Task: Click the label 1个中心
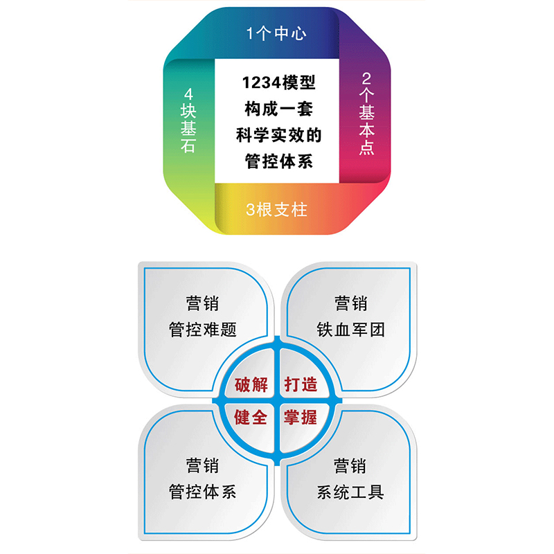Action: [x=276, y=33]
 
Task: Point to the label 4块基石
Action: [x=187, y=120]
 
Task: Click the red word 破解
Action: [x=251, y=384]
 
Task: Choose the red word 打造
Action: [x=301, y=384]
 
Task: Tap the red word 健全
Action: [x=251, y=418]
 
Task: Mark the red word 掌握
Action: [x=301, y=418]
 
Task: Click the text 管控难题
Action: [x=203, y=330]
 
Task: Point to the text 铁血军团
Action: [x=350, y=330]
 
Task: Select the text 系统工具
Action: [x=350, y=492]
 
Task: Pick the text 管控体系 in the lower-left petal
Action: [x=203, y=492]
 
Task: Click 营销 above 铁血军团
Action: [x=350, y=303]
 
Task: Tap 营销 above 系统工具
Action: [x=350, y=466]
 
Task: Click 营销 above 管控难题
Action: [x=203, y=303]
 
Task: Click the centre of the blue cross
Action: [x=276, y=401]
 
